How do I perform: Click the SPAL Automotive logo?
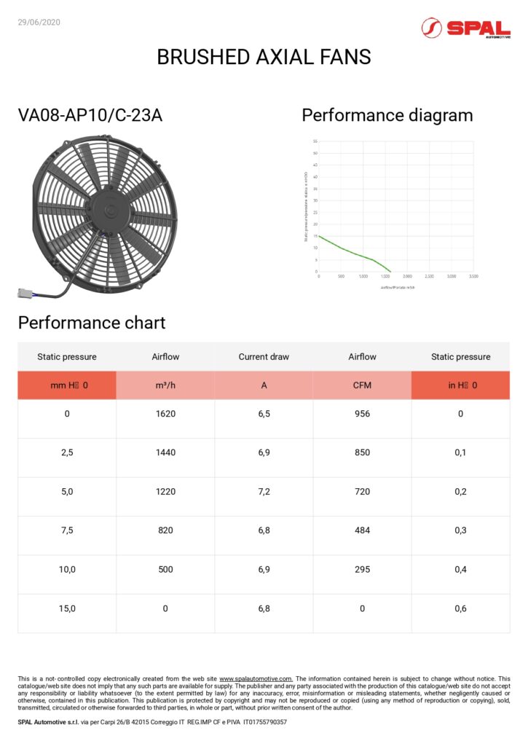click(465, 28)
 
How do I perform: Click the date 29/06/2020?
click(39, 22)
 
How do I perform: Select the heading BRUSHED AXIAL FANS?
click(264, 57)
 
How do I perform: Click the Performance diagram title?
click(387, 115)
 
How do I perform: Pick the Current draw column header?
click(264, 357)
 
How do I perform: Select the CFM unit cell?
click(362, 385)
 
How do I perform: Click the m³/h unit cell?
click(165, 385)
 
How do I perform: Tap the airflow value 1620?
click(165, 414)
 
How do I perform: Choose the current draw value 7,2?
click(264, 492)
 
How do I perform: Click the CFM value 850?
click(362, 452)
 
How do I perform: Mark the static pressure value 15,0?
click(67, 608)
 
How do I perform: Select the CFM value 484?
click(362, 530)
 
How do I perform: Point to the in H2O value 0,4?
click(460, 570)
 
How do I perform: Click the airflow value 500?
click(165, 570)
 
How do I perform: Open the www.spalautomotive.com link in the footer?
click(256, 678)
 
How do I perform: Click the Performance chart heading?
click(92, 323)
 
